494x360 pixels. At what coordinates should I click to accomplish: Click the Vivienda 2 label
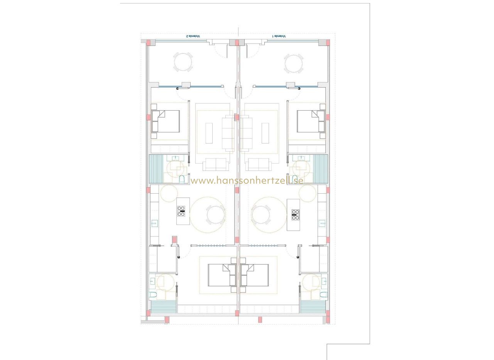point(193,36)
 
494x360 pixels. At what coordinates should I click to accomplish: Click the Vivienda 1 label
point(279,36)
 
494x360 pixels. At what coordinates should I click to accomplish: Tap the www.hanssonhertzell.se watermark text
point(247,181)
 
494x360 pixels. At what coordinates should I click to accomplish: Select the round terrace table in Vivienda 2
point(183,63)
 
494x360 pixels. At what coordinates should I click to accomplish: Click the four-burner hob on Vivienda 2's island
point(181,211)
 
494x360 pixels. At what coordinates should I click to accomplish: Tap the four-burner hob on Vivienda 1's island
point(296,215)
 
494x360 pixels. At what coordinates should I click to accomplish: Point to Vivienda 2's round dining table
point(216,215)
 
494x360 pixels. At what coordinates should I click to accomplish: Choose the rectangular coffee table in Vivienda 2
point(209,133)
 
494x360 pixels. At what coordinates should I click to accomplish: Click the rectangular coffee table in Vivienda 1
point(265,133)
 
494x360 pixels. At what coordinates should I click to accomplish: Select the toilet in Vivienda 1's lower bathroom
point(323,295)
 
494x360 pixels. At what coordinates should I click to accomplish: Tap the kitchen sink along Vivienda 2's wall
point(154,223)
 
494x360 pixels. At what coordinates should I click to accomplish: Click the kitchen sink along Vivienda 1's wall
point(322,223)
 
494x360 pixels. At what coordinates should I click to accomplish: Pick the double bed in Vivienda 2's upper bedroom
point(166,121)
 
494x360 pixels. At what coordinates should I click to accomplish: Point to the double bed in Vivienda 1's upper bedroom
point(311,121)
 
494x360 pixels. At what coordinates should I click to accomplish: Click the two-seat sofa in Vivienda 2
point(216,164)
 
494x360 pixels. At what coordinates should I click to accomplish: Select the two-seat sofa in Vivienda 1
point(259,164)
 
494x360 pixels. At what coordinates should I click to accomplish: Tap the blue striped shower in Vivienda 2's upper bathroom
point(156,169)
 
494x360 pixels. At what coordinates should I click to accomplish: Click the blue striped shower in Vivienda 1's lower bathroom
point(313,307)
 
